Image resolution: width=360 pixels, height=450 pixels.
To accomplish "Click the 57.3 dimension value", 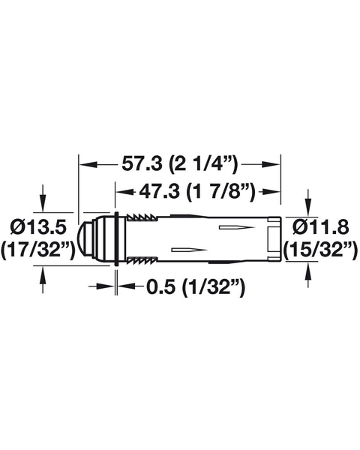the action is pyautogui.click(x=142, y=164).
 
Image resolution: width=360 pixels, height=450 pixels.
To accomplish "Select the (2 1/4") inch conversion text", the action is pyautogui.click(x=203, y=165).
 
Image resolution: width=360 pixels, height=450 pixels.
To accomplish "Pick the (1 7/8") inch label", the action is pyautogui.click(x=220, y=192).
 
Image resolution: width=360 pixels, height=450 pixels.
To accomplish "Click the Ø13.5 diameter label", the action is pyautogui.click(x=38, y=227).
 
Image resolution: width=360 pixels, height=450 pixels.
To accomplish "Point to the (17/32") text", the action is pyautogui.click(x=38, y=250).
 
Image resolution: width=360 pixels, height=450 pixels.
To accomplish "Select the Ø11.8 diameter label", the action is pyautogui.click(x=321, y=227).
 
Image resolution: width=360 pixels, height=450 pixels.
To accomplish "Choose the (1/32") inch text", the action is pyautogui.click(x=213, y=287).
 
